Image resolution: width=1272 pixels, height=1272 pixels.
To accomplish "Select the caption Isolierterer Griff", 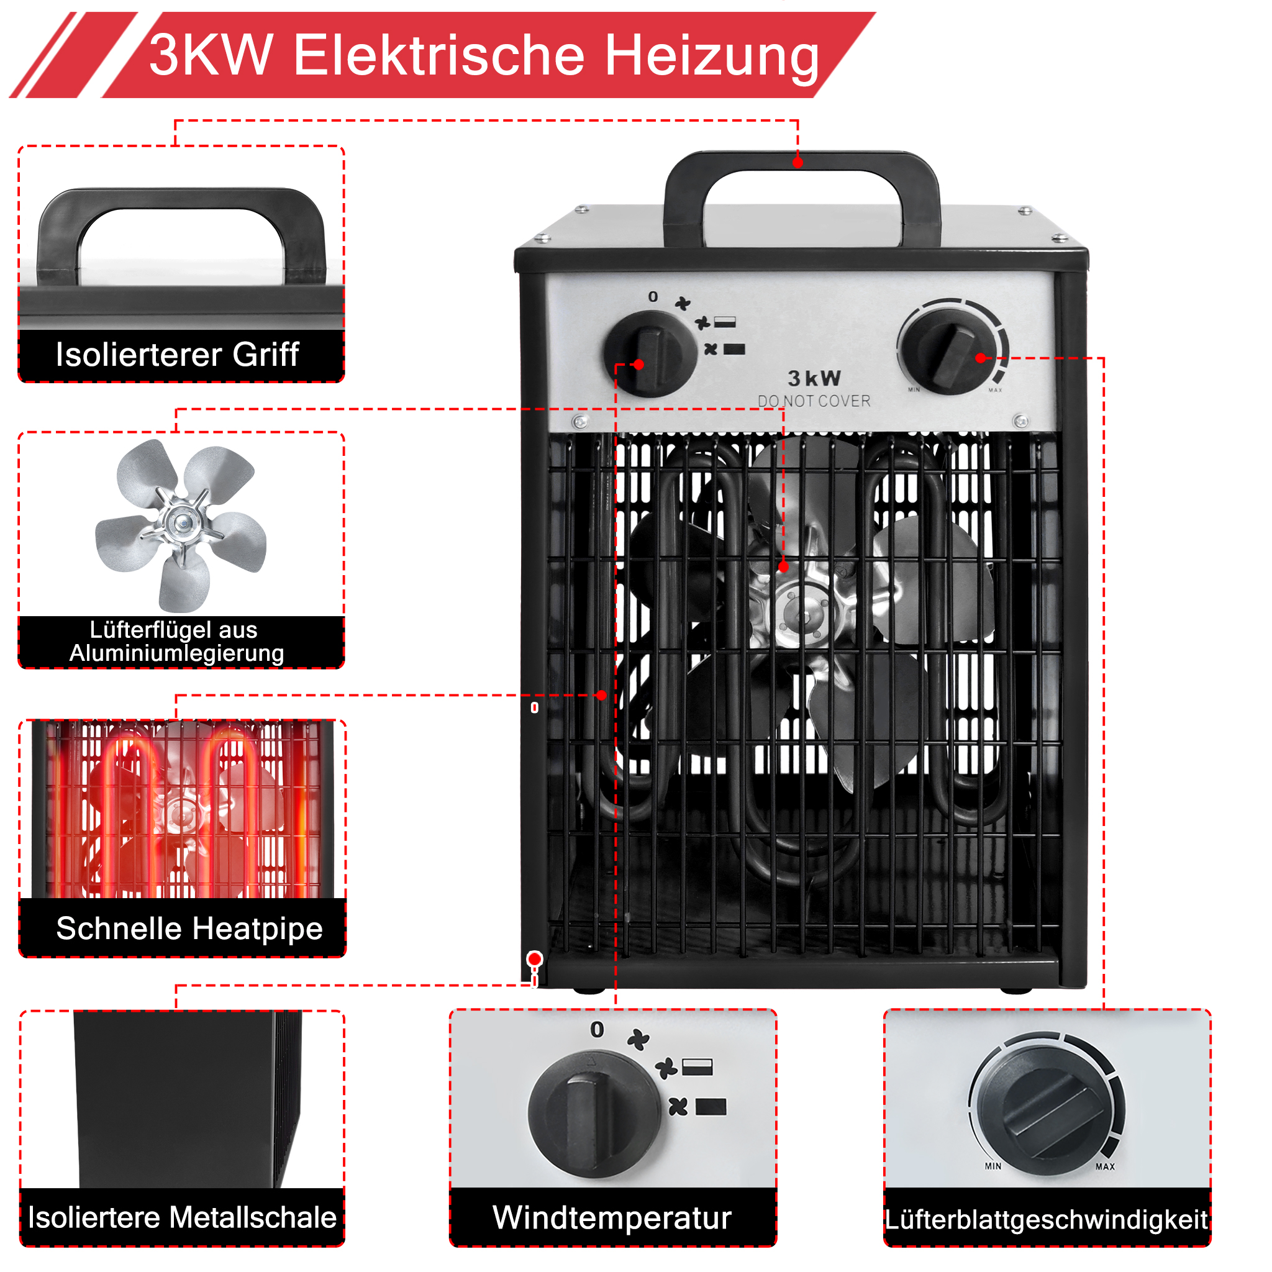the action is [177, 354].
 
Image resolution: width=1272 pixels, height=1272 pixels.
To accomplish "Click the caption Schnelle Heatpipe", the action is [189, 929].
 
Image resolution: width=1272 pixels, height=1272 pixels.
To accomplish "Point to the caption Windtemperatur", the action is [612, 1217].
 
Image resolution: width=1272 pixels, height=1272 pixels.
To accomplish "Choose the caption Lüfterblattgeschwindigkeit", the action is [1046, 1219].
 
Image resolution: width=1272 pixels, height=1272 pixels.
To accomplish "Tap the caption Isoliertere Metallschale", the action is [183, 1217].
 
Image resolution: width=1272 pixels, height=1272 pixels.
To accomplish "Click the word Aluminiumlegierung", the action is [177, 653].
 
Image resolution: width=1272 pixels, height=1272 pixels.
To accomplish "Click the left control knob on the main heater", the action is [650, 353].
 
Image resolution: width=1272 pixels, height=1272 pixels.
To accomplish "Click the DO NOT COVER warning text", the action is [814, 401].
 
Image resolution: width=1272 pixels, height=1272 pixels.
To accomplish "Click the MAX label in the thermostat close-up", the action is [1105, 1166].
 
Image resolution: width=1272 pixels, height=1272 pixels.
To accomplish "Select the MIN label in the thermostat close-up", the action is [993, 1166].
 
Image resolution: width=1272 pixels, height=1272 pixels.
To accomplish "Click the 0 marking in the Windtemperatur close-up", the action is [597, 1029].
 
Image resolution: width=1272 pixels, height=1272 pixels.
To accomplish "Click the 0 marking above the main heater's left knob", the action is [653, 297].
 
